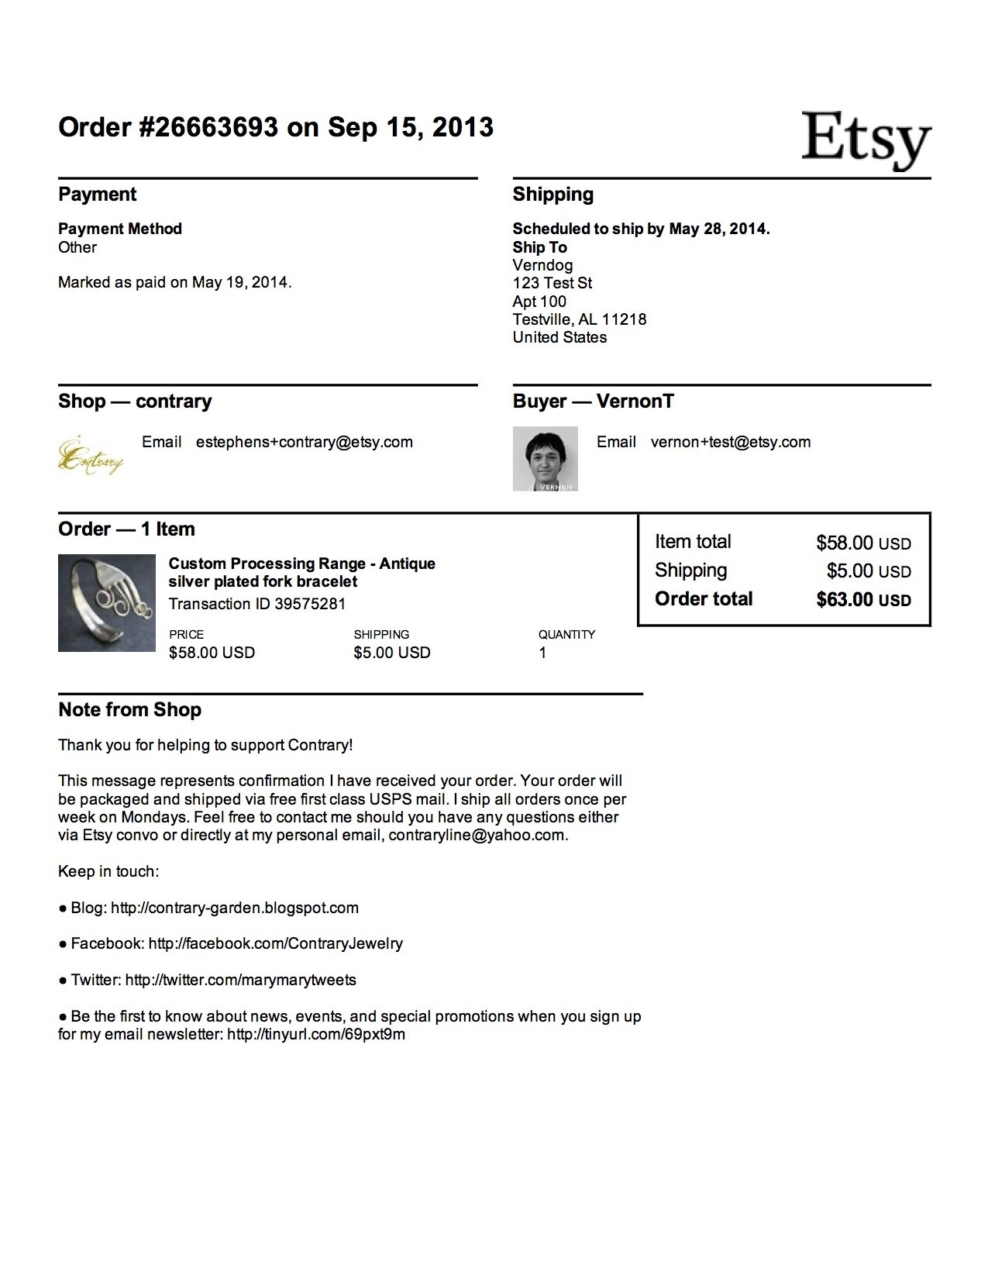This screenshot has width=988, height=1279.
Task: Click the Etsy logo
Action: pyautogui.click(x=866, y=140)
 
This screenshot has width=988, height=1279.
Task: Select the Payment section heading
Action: pyautogui.click(x=98, y=195)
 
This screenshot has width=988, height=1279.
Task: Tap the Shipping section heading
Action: pyautogui.click(x=553, y=195)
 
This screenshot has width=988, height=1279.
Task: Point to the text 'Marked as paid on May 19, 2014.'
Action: pyautogui.click(x=174, y=282)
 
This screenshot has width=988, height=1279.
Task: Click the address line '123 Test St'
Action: pyautogui.click(x=552, y=283)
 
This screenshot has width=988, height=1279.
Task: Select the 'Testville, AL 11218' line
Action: pyautogui.click(x=579, y=319)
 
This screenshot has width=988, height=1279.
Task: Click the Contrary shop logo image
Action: pyautogui.click(x=91, y=458)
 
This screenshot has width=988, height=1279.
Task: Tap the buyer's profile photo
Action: pyautogui.click(x=545, y=458)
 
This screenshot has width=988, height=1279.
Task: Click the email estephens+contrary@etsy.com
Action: pyautogui.click(x=304, y=442)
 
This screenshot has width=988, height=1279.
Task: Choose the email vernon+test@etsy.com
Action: pyautogui.click(x=730, y=442)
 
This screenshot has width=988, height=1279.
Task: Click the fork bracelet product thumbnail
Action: pyautogui.click(x=106, y=603)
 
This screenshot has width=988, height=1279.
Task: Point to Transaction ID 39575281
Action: pyautogui.click(x=256, y=604)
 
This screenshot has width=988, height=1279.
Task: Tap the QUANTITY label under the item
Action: pyautogui.click(x=566, y=634)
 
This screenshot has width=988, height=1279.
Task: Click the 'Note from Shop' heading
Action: pyautogui.click(x=129, y=710)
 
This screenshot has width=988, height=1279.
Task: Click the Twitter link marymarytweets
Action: pyautogui.click(x=240, y=980)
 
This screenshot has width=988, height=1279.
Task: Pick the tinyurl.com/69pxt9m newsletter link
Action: pyautogui.click(x=315, y=1034)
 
